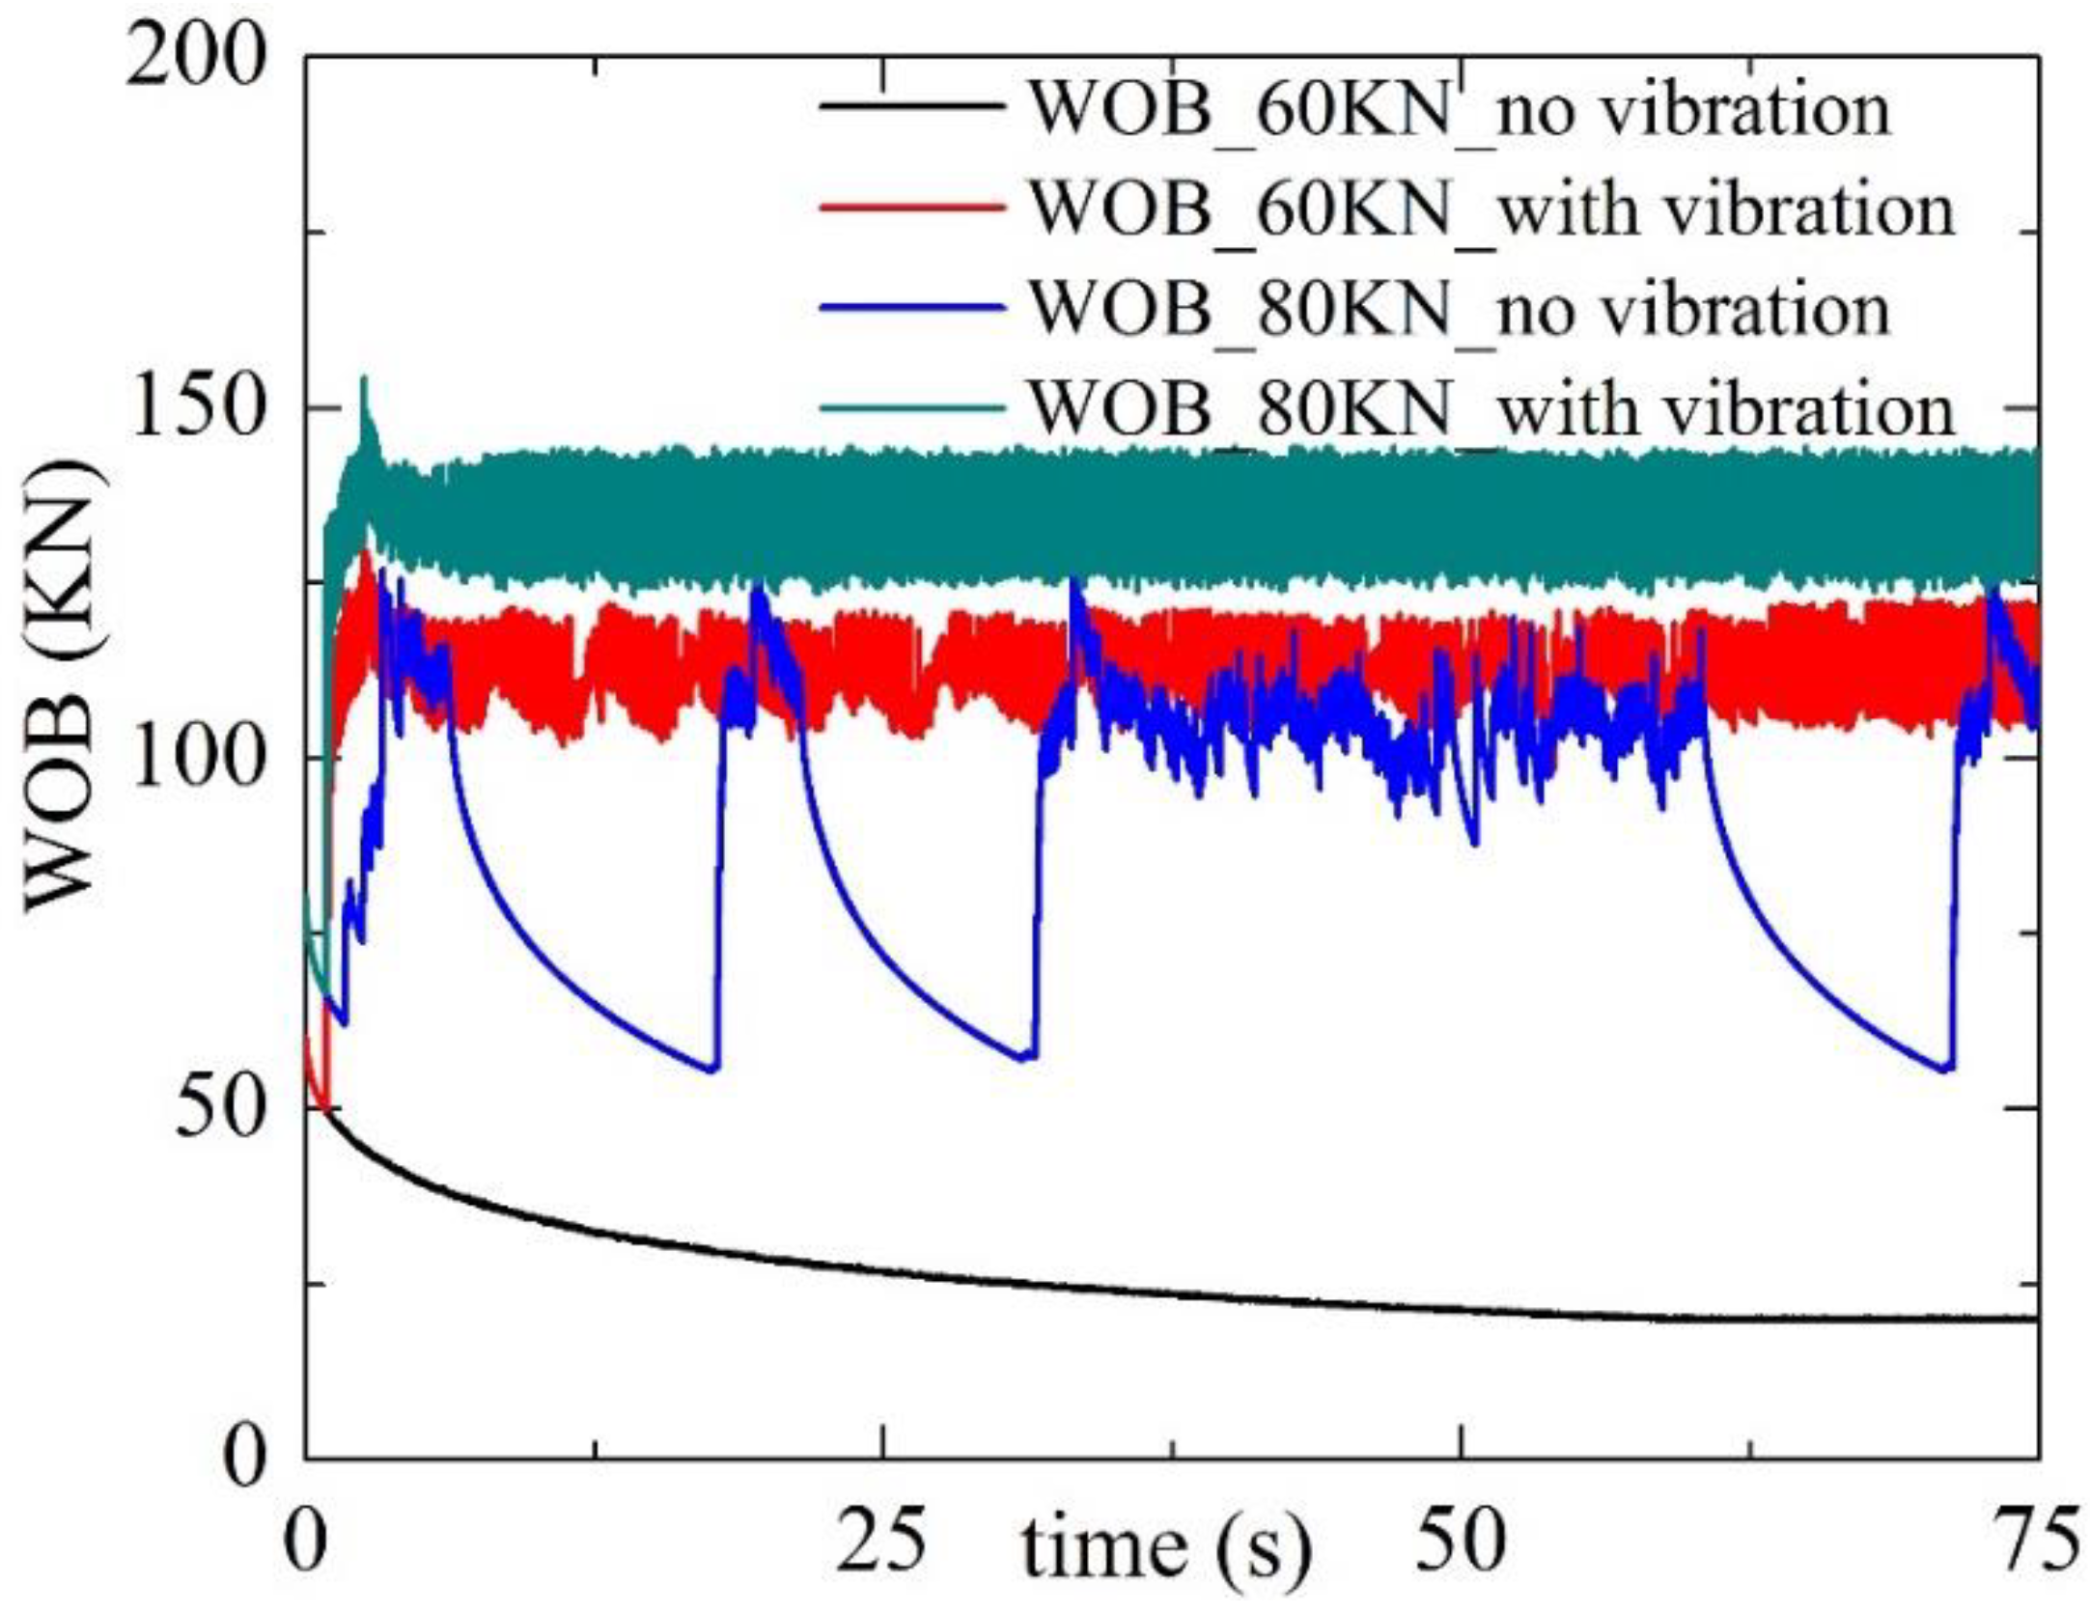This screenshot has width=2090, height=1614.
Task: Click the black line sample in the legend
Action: [x=911, y=107]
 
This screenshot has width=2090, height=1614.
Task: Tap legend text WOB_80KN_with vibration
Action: [x=1491, y=409]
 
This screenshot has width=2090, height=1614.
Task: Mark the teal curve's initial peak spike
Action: [x=364, y=381]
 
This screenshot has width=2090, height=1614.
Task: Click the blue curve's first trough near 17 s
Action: [x=712, y=1068]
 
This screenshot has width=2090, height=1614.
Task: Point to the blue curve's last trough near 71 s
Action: [x=1946, y=1068]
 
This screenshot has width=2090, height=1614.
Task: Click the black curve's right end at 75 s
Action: [x=2035, y=1318]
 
